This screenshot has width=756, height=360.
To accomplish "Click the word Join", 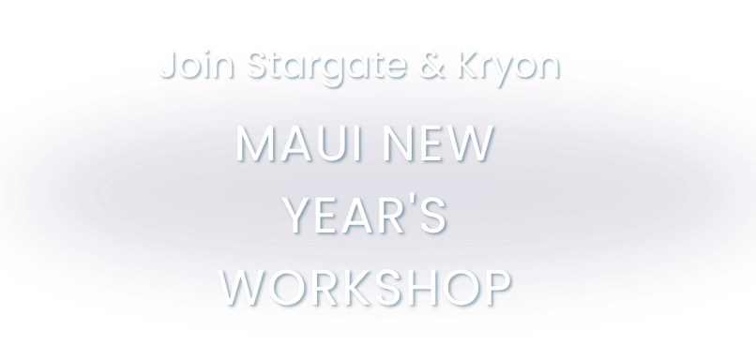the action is coord(197,64).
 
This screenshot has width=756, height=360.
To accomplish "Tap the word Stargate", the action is coord(326,67).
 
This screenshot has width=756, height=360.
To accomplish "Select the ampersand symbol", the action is coord(432,64).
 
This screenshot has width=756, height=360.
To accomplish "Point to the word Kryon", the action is coord(508,67).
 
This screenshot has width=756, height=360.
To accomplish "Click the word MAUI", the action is coord(298,143).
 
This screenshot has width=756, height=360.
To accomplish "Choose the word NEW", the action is coord(439,143).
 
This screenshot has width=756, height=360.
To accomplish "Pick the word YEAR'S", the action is coord(365,215).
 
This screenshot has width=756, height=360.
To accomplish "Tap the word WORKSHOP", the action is coord(365,287).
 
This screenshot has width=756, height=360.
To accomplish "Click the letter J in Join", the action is coord(168,64).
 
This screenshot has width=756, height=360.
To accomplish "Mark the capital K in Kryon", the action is coord(469,64).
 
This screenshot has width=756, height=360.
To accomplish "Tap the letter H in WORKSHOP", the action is coord(423,287).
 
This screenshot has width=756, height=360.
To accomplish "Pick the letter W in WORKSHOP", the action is coord(241,287).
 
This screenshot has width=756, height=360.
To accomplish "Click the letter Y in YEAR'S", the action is coord(298,216).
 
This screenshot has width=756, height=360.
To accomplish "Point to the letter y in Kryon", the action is coord(504,71).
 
